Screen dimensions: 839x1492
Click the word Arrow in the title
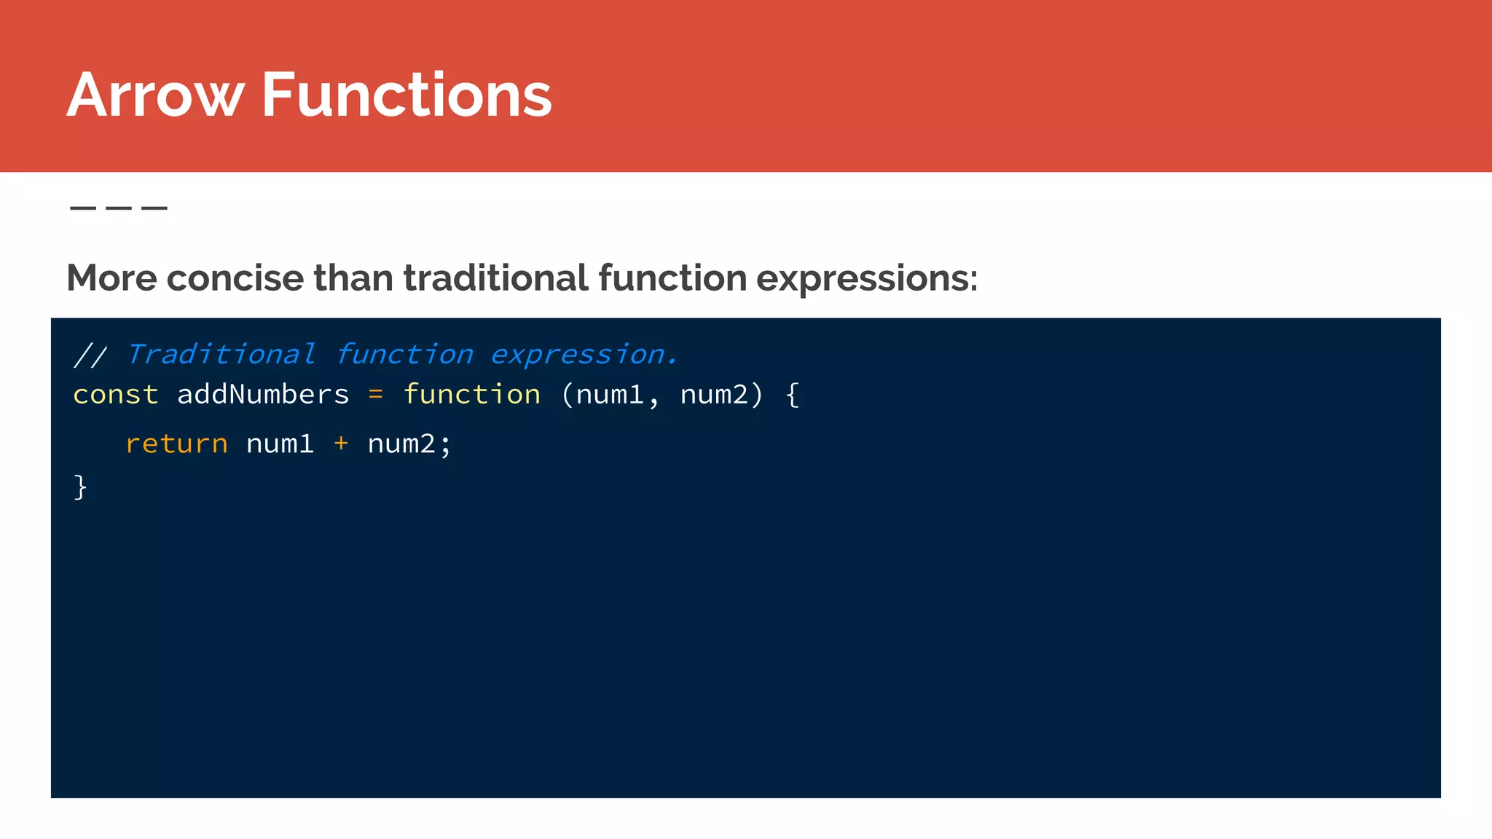(155, 95)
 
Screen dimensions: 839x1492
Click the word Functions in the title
(407, 95)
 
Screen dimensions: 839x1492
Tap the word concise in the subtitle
(235, 278)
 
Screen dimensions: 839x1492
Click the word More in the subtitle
(111, 278)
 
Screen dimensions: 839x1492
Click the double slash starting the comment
(90, 355)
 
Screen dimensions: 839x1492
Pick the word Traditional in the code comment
(221, 355)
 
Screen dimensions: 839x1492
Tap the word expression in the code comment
(579, 355)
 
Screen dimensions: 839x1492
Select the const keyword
(116, 395)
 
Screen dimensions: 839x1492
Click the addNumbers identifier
(263, 395)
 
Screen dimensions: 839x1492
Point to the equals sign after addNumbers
(375, 395)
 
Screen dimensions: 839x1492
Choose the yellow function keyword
(472, 395)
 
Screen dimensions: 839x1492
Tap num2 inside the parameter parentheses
(714, 395)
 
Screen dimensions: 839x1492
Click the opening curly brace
(793, 395)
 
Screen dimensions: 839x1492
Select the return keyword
(176, 444)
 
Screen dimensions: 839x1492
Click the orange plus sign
(340, 443)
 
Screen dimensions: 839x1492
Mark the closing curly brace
(80, 487)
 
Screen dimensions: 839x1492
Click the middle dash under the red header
(119, 208)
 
